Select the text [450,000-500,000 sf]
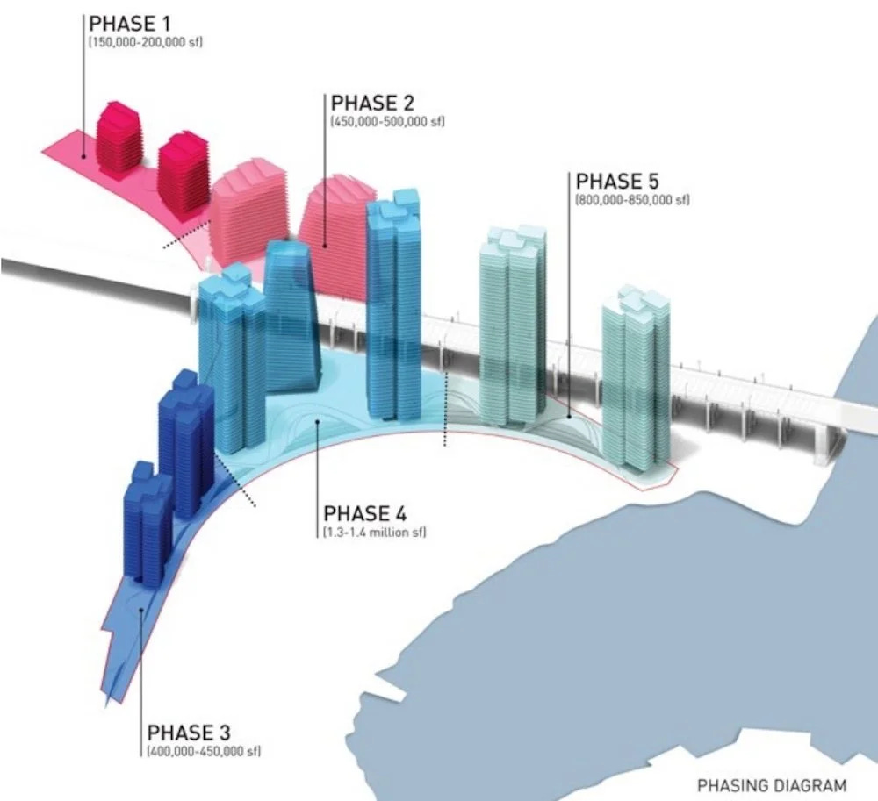click(387, 121)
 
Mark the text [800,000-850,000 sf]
click(632, 201)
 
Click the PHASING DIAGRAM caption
click(773, 785)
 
